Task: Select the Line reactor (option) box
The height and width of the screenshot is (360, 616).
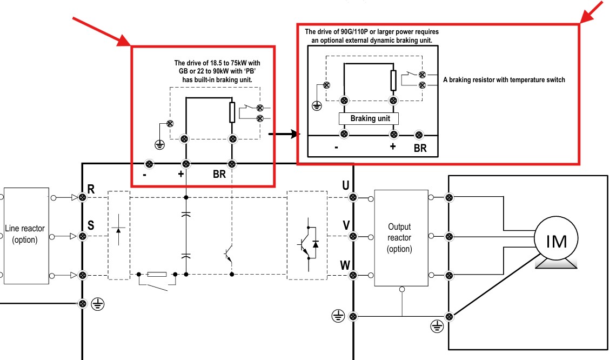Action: pyautogui.click(x=26, y=236)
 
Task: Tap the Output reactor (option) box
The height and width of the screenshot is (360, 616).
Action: pyautogui.click(x=401, y=238)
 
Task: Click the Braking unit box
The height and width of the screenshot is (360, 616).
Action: pyautogui.click(x=369, y=119)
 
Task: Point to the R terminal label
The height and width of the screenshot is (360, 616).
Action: pyautogui.click(x=91, y=189)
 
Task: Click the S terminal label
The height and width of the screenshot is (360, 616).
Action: pyautogui.click(x=91, y=225)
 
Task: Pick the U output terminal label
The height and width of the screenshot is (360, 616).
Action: pyautogui.click(x=346, y=185)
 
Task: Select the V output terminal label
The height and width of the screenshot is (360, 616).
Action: pyautogui.click(x=346, y=225)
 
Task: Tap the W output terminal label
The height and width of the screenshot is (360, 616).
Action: pyautogui.click(x=345, y=265)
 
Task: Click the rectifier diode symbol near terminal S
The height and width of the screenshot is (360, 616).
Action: pyautogui.click(x=119, y=230)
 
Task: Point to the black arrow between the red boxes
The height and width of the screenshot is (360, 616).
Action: pyautogui.click(x=284, y=134)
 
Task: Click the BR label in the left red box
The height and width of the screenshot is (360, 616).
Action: pyautogui.click(x=219, y=174)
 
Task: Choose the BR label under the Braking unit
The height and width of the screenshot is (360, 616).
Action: pyautogui.click(x=420, y=148)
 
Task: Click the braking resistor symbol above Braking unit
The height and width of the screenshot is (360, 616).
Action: pyautogui.click(x=393, y=81)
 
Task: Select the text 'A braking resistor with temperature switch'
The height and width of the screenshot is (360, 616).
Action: pyautogui.click(x=504, y=80)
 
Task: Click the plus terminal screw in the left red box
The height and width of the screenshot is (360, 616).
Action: pyautogui.click(x=186, y=164)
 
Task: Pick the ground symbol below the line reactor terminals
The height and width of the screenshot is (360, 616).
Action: pyautogui.click(x=97, y=304)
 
